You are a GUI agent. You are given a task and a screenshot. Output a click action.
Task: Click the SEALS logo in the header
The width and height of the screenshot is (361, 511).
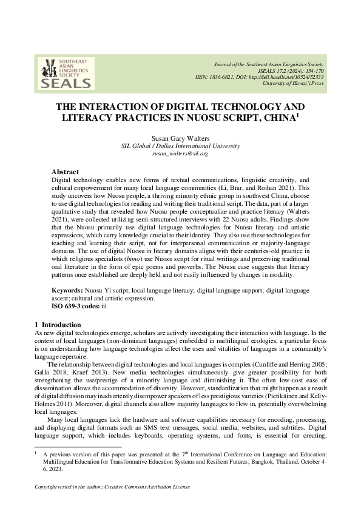coord(61,73)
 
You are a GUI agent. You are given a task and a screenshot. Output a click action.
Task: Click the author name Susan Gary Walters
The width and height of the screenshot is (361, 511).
coord(180,138)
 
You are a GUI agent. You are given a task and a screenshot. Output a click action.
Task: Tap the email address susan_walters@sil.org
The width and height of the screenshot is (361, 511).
coord(180,154)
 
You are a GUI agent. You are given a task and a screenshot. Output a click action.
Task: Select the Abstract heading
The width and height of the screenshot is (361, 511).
coord(65,172)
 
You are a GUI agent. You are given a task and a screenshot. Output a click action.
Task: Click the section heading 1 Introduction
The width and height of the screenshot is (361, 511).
coord(53,325)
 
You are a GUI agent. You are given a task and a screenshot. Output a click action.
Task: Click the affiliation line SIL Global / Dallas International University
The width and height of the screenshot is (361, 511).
coord(180,146)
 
